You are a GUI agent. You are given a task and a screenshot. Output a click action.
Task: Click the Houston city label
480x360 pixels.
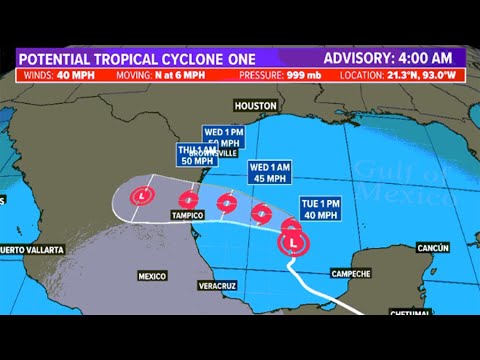(x=254, y=105)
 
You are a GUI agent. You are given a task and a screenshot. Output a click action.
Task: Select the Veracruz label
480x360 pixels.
(x=216, y=286)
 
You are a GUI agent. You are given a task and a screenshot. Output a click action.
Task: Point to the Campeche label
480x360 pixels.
(x=349, y=273)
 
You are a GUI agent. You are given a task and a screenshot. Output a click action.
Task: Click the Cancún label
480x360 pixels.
(x=433, y=247)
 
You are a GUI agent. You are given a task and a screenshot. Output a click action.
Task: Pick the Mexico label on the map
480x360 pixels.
(x=151, y=274)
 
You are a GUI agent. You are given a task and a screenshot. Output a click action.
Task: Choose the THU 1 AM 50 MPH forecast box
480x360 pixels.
(x=197, y=156)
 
